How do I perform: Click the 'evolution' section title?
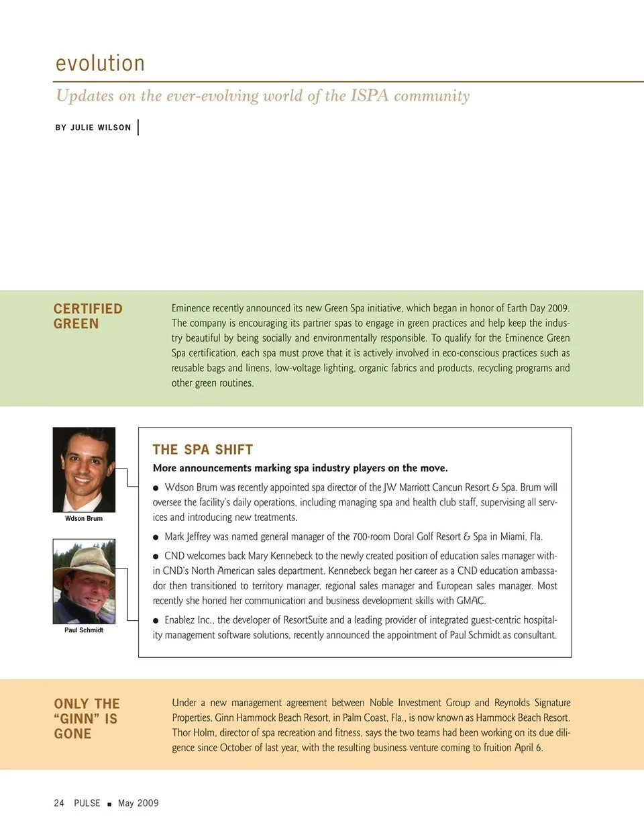pyautogui.click(x=100, y=63)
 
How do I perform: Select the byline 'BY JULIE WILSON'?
pyautogui.click(x=93, y=128)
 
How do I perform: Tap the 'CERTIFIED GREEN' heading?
pyautogui.click(x=88, y=316)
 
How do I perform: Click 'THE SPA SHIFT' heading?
pyautogui.click(x=203, y=450)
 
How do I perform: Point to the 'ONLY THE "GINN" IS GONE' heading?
pyautogui.click(x=87, y=718)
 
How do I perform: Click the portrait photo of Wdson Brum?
pyautogui.click(x=84, y=470)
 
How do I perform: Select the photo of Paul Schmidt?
pyautogui.click(x=84, y=581)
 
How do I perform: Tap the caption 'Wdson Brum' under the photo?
pyautogui.click(x=84, y=518)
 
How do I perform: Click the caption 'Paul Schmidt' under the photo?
pyautogui.click(x=84, y=630)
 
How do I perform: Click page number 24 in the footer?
pyautogui.click(x=59, y=803)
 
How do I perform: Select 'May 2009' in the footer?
pyautogui.click(x=138, y=803)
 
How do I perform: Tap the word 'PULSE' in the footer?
pyautogui.click(x=87, y=803)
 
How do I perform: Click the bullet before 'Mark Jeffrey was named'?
pyautogui.click(x=156, y=537)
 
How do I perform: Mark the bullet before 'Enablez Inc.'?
pyautogui.click(x=156, y=621)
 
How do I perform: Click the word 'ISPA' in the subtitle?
pyautogui.click(x=369, y=95)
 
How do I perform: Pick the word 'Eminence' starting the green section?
pyautogui.click(x=191, y=308)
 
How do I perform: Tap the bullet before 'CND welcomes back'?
pyautogui.click(x=156, y=556)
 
